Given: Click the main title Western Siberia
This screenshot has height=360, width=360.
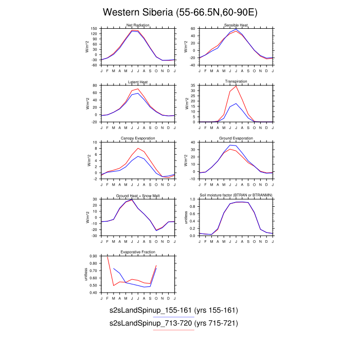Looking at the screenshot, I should [x=180, y=12].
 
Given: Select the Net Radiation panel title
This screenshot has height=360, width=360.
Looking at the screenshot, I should [x=137, y=26].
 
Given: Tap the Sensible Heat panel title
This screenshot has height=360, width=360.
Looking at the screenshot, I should [x=236, y=26].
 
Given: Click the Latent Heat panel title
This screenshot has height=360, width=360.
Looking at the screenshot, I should [x=137, y=82].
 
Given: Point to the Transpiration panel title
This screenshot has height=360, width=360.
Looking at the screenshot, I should [x=236, y=82].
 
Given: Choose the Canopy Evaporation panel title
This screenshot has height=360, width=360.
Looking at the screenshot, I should [x=137, y=139].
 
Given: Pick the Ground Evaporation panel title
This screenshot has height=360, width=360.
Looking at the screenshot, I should [x=236, y=139].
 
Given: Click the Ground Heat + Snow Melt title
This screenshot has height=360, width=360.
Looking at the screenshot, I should [x=137, y=196].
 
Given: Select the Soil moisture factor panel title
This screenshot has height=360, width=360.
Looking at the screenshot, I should [x=236, y=196].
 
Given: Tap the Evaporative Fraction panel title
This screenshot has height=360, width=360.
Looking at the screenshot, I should [x=137, y=253].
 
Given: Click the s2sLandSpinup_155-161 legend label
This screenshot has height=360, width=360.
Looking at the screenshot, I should [x=173, y=311].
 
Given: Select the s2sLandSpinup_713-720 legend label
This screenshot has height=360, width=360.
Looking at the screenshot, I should [x=173, y=323].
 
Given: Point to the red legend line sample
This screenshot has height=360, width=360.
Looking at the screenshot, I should [x=173, y=330].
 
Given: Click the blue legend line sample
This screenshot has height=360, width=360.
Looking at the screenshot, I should [x=173, y=317].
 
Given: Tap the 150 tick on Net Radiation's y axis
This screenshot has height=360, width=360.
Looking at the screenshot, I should [x=95, y=29].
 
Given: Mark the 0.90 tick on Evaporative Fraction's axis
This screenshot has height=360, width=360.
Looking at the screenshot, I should [x=94, y=256].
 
